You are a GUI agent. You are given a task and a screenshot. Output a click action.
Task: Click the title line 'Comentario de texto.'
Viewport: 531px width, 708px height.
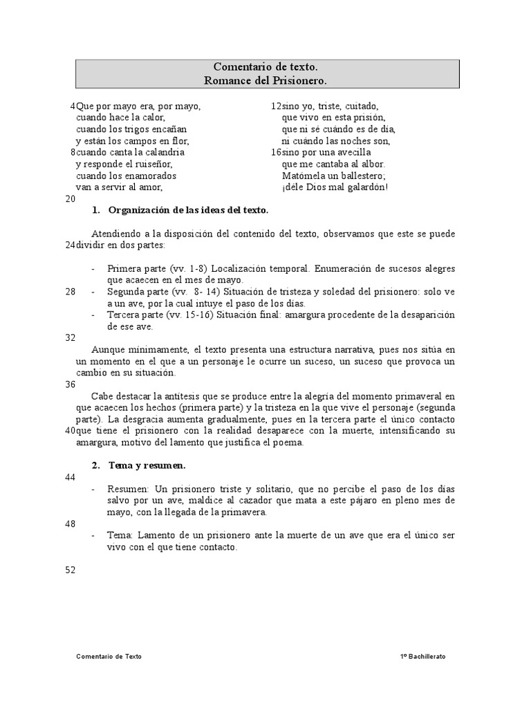point(266,67)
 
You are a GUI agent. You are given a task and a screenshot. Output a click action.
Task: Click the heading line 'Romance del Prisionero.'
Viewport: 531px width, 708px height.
point(266,80)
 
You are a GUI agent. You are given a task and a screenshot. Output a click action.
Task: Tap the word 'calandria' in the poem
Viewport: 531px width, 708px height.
point(165,152)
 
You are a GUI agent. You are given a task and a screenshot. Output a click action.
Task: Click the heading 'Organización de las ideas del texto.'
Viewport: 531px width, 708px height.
point(188,210)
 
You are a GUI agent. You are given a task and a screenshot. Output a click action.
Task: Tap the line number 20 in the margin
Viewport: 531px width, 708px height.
point(70,199)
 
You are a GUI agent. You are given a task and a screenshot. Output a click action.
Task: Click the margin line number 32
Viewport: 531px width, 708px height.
point(70,338)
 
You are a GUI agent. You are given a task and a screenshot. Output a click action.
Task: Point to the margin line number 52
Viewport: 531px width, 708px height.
point(70,570)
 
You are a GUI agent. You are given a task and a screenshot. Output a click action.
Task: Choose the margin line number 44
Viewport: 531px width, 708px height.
point(70,477)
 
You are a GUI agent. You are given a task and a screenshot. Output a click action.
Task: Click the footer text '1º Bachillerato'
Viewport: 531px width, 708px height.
point(422,656)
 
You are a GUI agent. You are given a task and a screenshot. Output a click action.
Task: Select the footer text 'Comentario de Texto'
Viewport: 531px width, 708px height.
point(109,656)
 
